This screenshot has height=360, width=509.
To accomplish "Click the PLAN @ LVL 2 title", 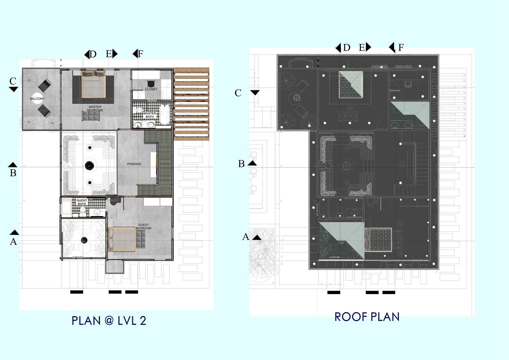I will tap(109, 321).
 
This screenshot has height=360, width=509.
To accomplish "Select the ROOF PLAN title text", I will tap(367, 317).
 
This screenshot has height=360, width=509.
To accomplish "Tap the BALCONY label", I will tap(37, 99).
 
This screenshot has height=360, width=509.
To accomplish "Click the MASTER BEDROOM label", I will tap(95, 109).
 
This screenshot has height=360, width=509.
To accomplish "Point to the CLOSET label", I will tap(151, 89).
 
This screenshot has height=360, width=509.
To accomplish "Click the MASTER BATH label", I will tap(149, 115).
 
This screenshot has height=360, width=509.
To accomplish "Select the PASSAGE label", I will tap(134, 164).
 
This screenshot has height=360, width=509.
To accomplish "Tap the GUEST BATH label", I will tap(82, 202).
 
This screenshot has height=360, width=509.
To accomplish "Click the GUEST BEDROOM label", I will tap(143, 227).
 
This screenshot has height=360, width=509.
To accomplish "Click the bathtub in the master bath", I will tap(164, 115).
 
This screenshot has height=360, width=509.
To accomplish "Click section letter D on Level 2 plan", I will tap(93, 54).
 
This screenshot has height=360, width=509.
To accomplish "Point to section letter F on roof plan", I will tap(401, 47).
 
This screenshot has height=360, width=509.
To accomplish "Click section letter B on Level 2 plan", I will tap(13, 173).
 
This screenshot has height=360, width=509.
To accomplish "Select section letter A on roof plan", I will tap(246, 237).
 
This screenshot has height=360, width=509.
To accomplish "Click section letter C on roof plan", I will tap(238, 93).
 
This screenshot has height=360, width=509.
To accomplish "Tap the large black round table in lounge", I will tap(89, 165).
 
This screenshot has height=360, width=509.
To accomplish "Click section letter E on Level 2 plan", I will tap(109, 54).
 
